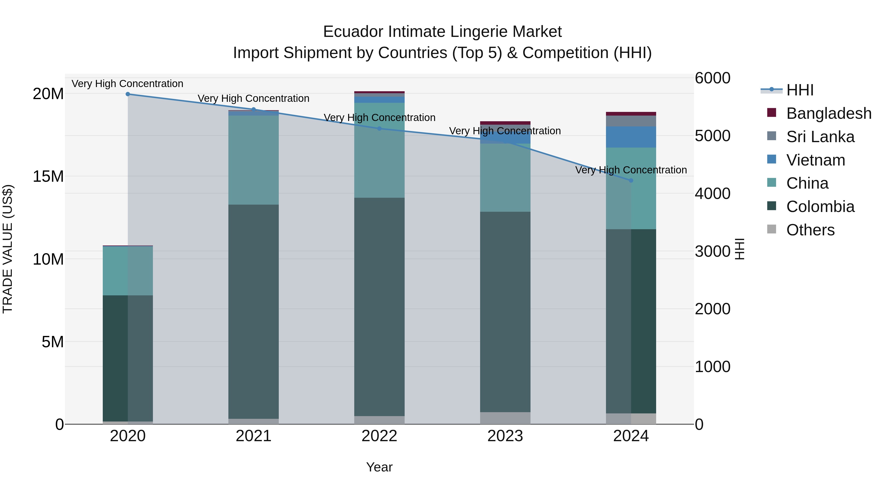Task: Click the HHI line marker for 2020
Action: point(128,94)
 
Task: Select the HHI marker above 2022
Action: point(379,129)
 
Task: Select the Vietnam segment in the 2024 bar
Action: point(631,137)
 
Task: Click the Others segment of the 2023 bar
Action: point(505,418)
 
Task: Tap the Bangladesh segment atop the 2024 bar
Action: point(631,114)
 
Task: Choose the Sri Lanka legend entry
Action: point(820,137)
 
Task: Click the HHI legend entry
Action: point(799,90)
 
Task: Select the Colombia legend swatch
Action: point(771,206)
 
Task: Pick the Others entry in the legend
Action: point(810,230)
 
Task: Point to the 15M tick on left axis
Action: point(48,176)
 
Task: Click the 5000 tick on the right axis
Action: point(712,136)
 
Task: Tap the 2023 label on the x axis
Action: point(505,436)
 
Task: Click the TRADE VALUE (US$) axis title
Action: point(8,249)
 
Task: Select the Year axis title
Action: point(379,467)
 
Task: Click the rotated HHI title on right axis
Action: point(739,249)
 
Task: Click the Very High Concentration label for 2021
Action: point(253,98)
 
